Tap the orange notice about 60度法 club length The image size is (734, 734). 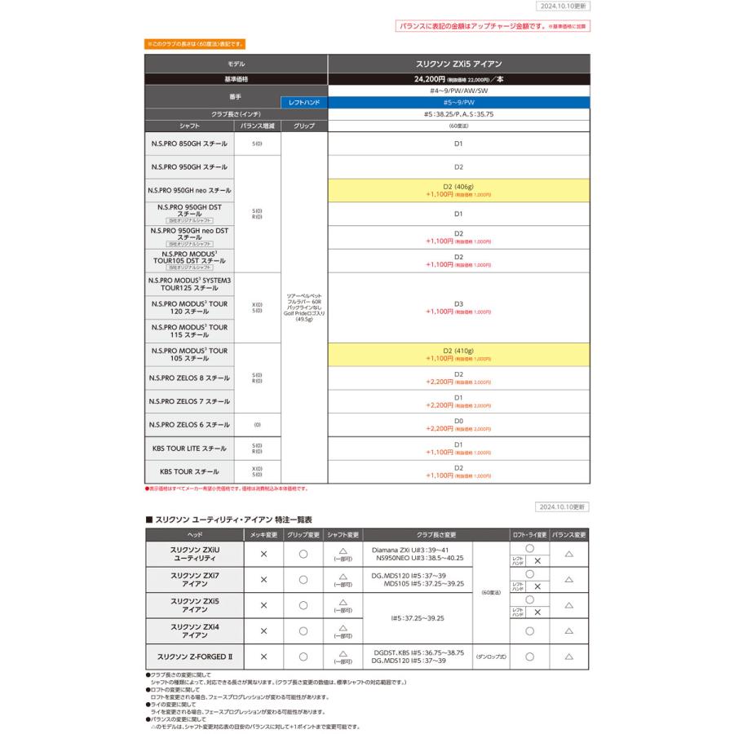(x=195, y=43)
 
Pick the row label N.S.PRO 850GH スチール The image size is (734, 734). (x=189, y=144)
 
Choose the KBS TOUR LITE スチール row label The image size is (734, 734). (x=189, y=448)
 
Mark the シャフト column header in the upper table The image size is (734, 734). (x=189, y=126)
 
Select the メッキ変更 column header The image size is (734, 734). (x=263, y=534)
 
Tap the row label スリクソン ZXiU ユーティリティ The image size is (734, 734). (x=195, y=554)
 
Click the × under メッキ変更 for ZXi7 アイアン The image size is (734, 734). (x=263, y=579)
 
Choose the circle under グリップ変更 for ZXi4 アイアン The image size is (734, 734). (x=303, y=630)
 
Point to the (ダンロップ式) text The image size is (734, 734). (x=491, y=656)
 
